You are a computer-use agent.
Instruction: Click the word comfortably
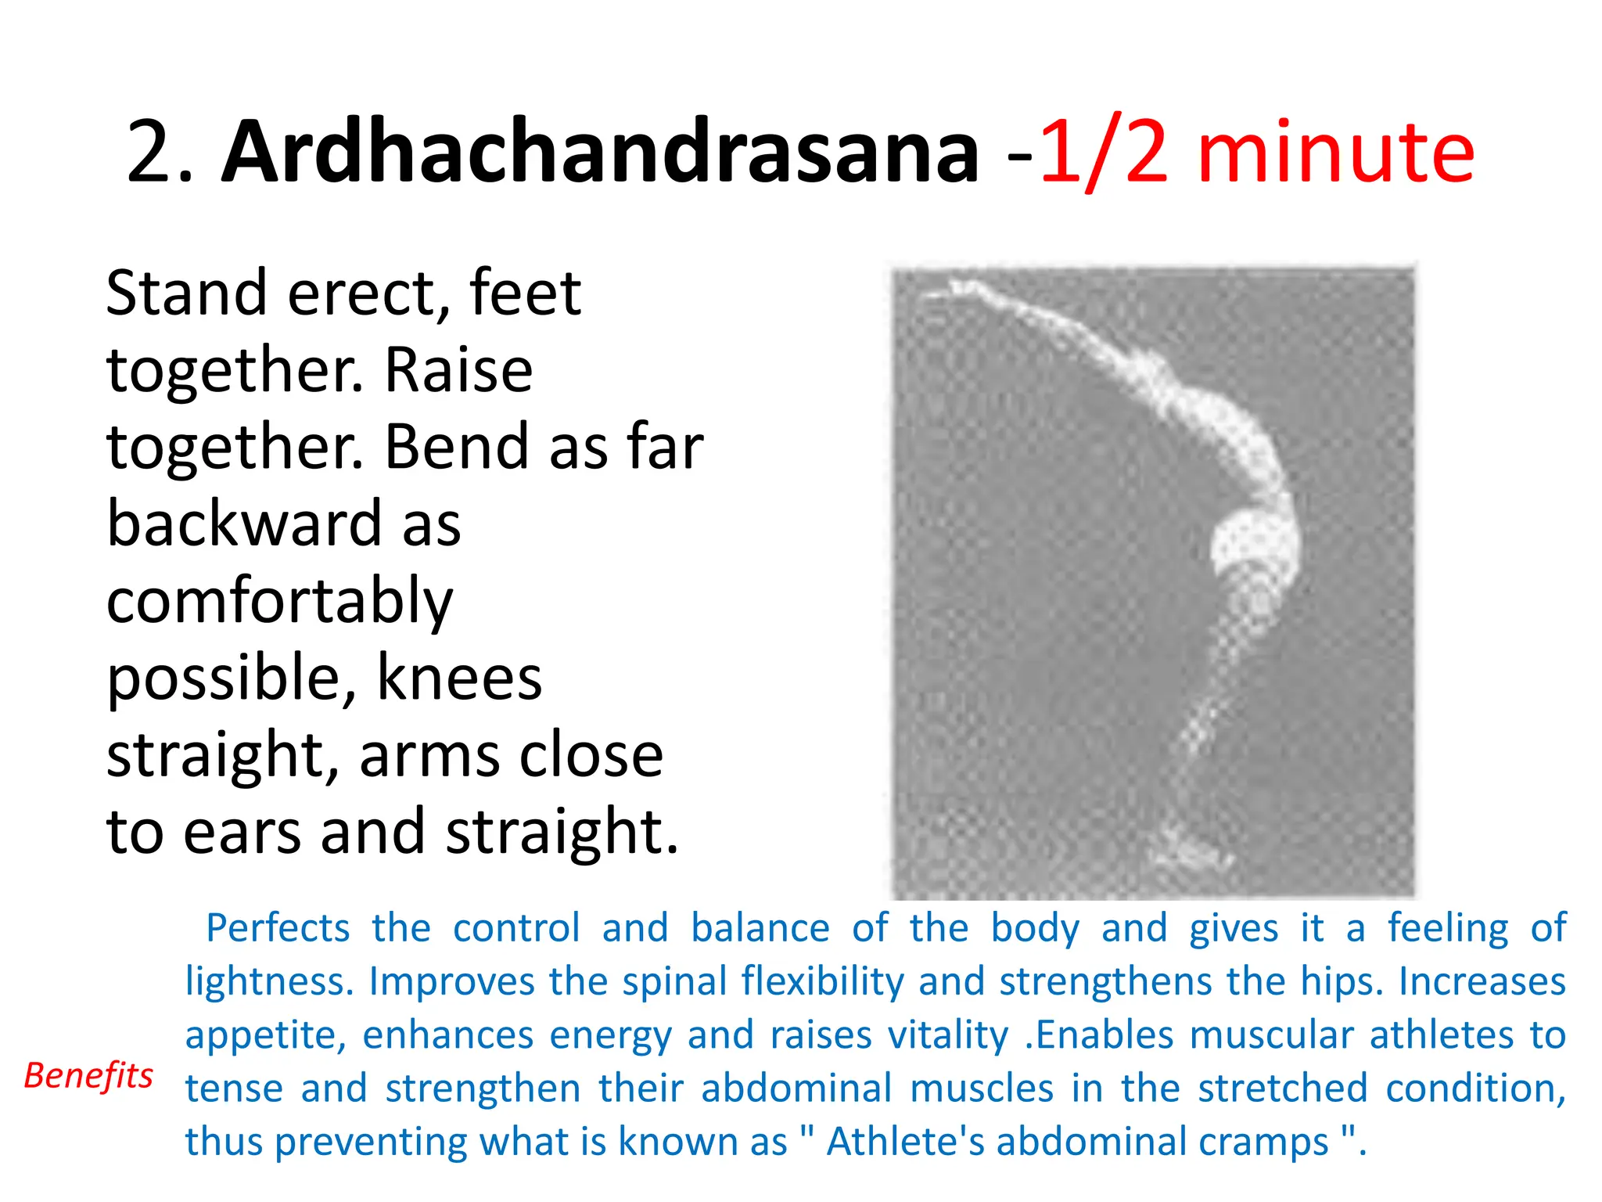(x=279, y=602)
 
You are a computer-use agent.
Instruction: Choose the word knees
(x=459, y=678)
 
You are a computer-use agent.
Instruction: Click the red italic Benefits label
(x=88, y=1075)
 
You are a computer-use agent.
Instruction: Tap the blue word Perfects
(x=278, y=928)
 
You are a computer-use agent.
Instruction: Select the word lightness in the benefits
(x=268, y=981)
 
